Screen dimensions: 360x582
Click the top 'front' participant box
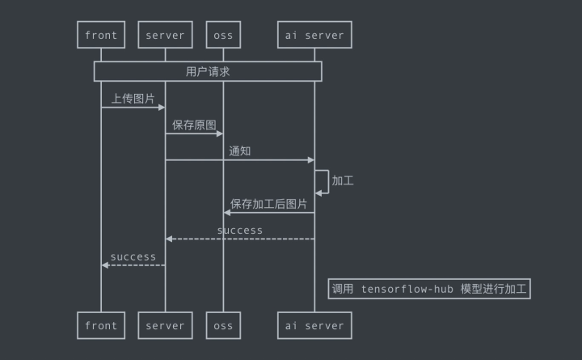click(101, 35)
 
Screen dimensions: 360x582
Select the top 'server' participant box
click(165, 35)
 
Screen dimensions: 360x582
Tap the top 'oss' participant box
click(223, 35)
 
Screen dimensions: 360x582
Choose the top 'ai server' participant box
click(314, 35)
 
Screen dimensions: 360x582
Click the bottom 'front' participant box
click(101, 325)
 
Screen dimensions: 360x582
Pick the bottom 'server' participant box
click(165, 325)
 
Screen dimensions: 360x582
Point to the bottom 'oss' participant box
click(223, 325)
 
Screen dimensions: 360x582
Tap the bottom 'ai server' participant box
click(314, 325)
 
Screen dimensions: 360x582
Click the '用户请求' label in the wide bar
click(208, 71)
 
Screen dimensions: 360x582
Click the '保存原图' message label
click(194, 125)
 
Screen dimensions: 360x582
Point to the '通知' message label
click(240, 150)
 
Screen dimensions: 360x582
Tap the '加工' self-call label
click(342, 180)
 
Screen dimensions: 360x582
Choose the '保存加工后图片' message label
click(268, 204)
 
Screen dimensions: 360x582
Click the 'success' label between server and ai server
click(240, 231)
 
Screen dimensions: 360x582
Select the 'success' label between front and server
click(133, 256)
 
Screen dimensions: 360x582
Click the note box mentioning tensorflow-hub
click(428, 289)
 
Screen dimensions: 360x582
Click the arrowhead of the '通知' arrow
click(310, 160)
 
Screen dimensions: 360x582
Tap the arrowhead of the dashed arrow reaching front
click(105, 265)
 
